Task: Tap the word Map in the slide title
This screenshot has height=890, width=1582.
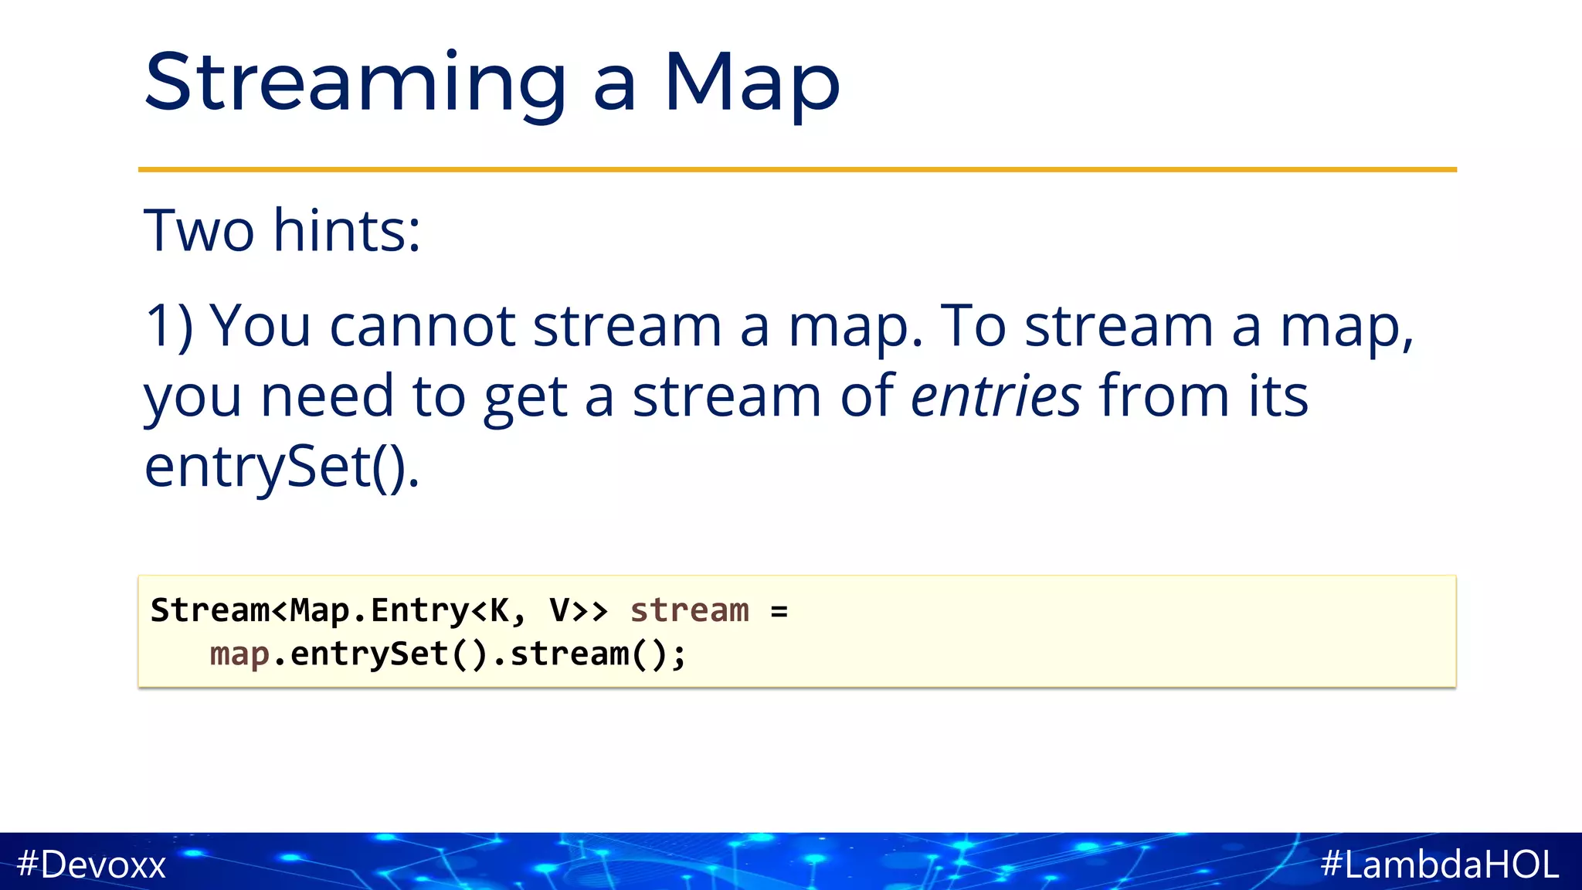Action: click(751, 83)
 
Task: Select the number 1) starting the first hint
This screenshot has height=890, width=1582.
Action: click(169, 327)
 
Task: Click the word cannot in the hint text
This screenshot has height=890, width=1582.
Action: click(422, 327)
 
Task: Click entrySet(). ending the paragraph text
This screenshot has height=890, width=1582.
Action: click(282, 467)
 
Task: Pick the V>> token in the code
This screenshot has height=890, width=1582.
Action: click(579, 610)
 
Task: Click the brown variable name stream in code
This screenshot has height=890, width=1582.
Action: click(689, 610)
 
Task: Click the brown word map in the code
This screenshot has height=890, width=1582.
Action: click(239, 655)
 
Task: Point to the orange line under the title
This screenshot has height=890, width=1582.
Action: click(797, 169)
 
